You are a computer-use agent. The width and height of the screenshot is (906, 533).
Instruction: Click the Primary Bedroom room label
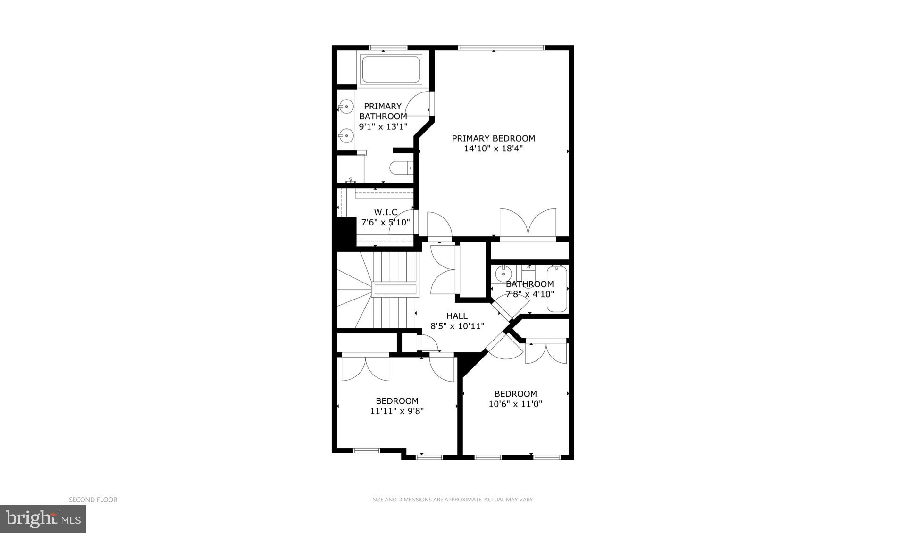click(x=493, y=138)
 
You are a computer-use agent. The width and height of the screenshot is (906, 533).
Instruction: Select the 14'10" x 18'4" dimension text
click(x=493, y=149)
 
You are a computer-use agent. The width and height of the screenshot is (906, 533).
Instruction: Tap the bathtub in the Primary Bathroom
click(x=391, y=70)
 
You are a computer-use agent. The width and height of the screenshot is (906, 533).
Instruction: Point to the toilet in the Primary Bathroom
click(x=401, y=168)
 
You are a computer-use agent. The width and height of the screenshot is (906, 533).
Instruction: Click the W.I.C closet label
click(x=386, y=212)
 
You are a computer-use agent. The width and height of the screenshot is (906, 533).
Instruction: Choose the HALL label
click(x=457, y=316)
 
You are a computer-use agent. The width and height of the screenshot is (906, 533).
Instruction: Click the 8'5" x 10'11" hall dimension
click(x=457, y=326)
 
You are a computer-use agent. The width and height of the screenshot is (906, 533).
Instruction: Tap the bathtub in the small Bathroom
click(x=557, y=289)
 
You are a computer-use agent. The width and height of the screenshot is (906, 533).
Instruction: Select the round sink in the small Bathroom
click(x=503, y=274)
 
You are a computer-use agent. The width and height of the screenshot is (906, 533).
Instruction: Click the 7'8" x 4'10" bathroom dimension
click(x=529, y=294)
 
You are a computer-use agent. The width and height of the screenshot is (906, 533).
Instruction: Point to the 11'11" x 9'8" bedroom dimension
click(x=397, y=411)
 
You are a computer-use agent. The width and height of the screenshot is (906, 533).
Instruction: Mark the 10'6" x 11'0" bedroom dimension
click(x=515, y=404)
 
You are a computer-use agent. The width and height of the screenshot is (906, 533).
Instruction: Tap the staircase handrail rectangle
click(x=394, y=290)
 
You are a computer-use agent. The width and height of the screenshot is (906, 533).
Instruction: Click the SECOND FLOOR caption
click(x=93, y=500)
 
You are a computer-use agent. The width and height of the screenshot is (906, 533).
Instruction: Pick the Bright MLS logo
click(x=43, y=519)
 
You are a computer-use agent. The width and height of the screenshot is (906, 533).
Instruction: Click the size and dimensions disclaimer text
click(x=453, y=500)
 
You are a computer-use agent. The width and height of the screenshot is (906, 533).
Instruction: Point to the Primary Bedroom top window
click(x=501, y=48)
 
